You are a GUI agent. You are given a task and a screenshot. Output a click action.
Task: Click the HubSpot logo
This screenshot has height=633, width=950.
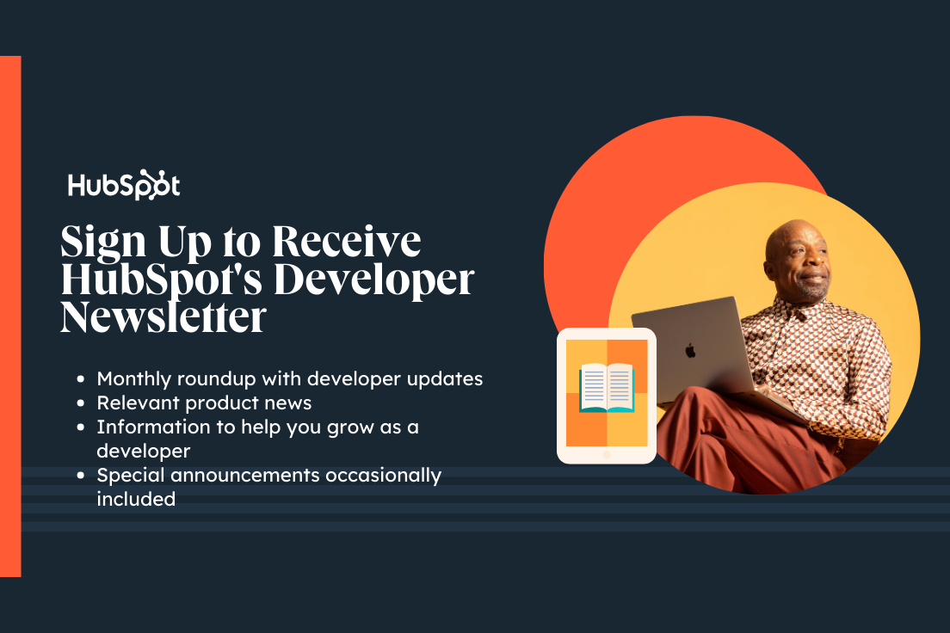pyautogui.click(x=124, y=186)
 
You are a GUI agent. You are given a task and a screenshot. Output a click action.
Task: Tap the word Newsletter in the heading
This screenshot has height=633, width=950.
pyautogui.click(x=163, y=317)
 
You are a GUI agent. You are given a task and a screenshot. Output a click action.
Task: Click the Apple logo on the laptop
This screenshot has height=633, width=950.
pyautogui.click(x=689, y=351)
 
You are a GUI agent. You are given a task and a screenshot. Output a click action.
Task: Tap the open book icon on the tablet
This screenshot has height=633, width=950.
pyautogui.click(x=607, y=388)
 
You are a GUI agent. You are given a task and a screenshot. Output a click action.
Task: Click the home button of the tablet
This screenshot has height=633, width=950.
pyautogui.click(x=607, y=454)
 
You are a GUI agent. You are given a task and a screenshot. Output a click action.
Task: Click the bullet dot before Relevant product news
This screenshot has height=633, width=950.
pyautogui.click(x=81, y=403)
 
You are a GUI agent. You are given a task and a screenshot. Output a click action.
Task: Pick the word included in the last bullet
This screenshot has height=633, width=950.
pyautogui.click(x=136, y=499)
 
